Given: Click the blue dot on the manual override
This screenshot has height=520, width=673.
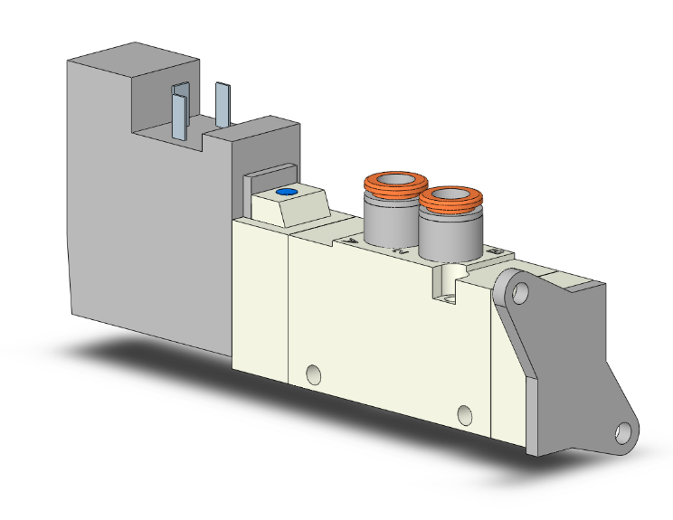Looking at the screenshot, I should [x=286, y=193].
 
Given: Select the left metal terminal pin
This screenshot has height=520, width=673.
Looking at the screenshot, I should [x=180, y=112].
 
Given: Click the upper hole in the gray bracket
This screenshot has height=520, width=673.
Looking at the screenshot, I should [x=518, y=292].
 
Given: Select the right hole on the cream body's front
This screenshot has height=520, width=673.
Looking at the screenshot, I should [x=465, y=415].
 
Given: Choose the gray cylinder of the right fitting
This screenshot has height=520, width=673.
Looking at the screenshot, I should [x=443, y=232].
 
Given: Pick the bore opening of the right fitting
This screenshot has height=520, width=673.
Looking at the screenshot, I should [x=450, y=194].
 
